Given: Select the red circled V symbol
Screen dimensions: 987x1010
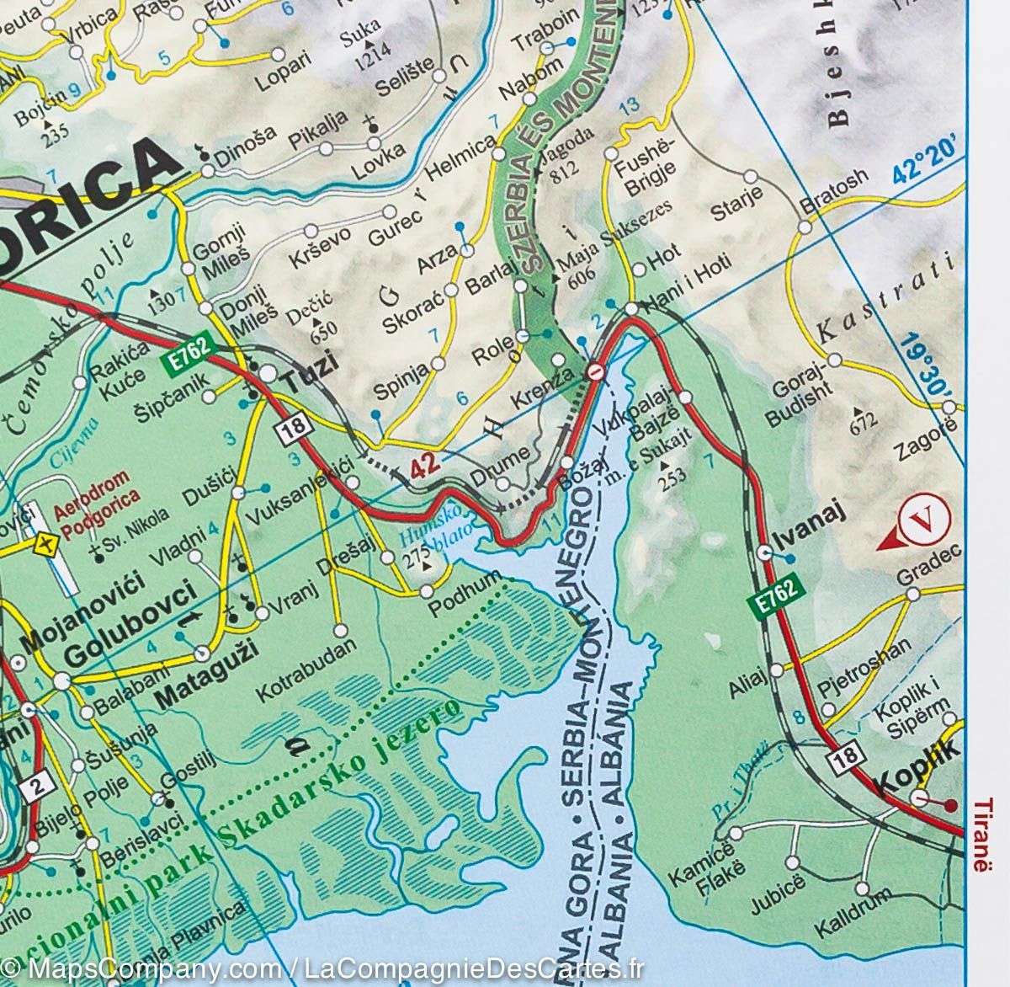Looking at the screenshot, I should pos(923,520).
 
